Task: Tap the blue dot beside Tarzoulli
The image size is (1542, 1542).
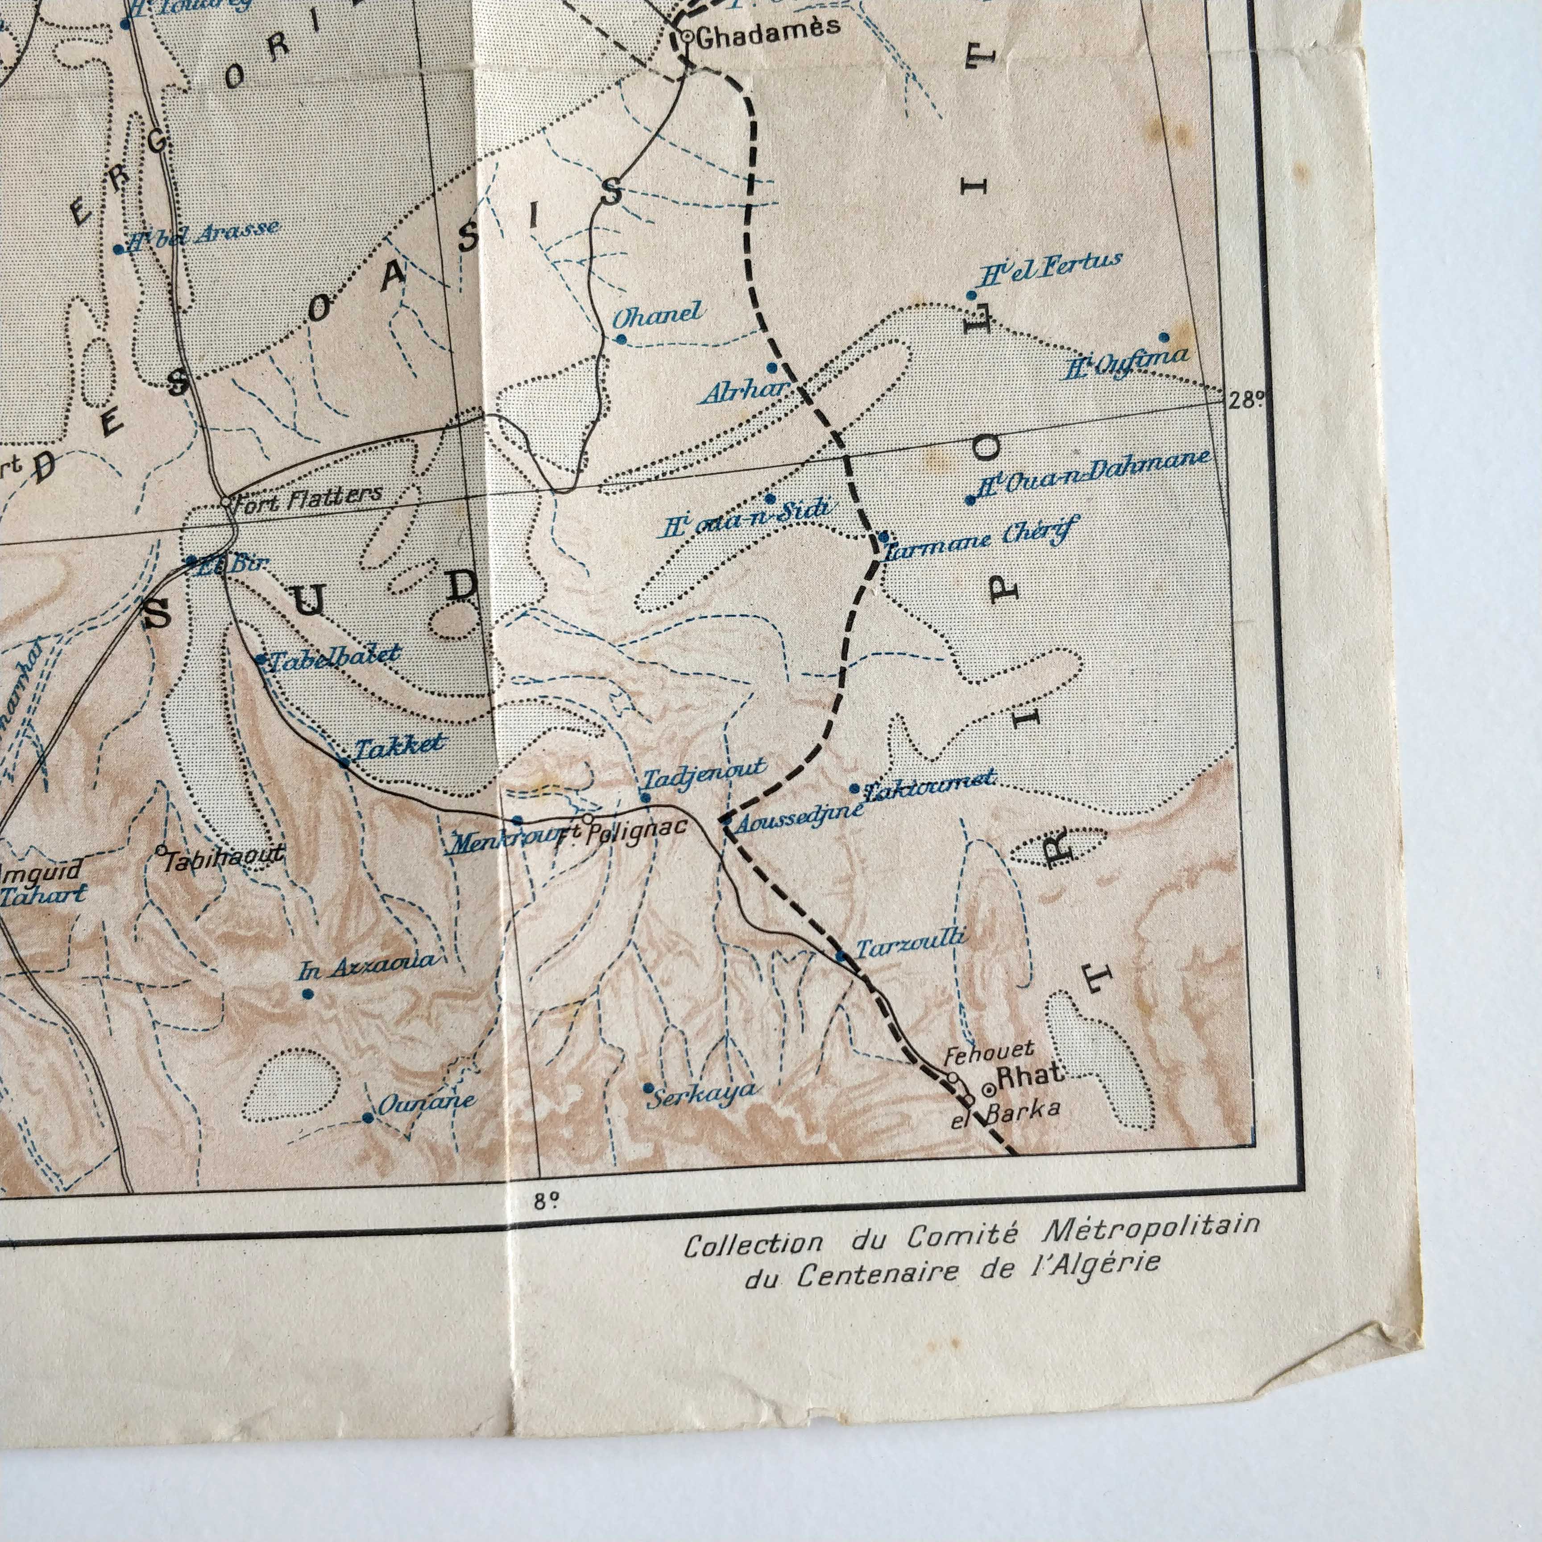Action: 840,955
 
